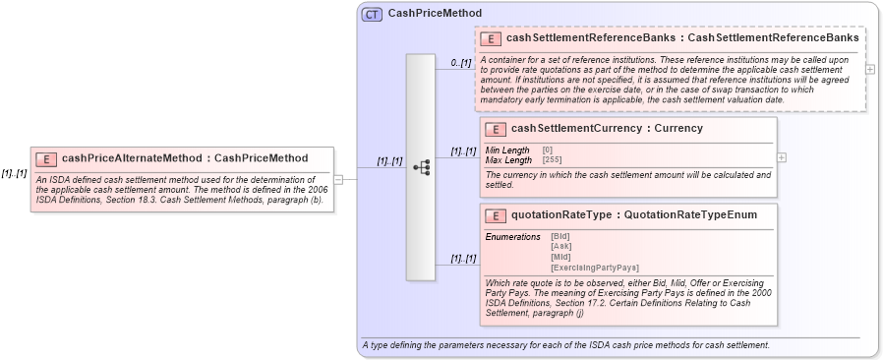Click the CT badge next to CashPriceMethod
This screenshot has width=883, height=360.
pos(372,14)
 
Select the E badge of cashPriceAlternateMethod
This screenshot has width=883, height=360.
pos(45,158)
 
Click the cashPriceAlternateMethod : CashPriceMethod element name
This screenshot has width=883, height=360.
pos(185,158)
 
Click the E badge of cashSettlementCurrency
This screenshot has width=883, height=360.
pos(496,129)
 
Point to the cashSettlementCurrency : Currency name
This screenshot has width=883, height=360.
pos(593,129)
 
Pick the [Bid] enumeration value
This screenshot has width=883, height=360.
pos(560,237)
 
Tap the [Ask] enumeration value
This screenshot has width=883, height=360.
pos(560,247)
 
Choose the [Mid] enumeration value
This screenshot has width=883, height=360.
pos(560,257)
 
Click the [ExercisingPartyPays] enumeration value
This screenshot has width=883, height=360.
pos(595,268)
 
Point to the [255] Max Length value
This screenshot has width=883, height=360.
pos(553,159)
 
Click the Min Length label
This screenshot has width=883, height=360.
pos(507,150)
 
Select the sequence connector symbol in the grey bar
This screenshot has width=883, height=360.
pos(421,167)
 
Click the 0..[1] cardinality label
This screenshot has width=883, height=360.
pos(461,63)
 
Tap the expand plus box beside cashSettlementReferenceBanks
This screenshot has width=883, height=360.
pos(870,70)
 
